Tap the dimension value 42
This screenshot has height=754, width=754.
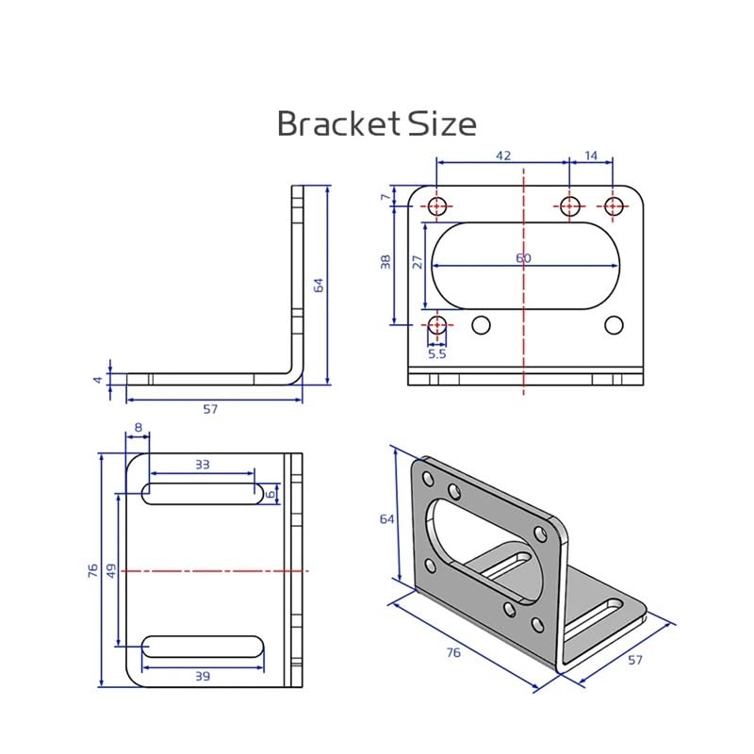(502, 155)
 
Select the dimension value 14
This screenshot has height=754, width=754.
(591, 155)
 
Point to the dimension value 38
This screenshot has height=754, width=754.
(385, 263)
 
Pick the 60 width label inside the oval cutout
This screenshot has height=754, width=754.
(523, 258)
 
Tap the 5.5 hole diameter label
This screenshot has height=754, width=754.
(437, 354)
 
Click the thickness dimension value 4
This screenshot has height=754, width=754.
(97, 379)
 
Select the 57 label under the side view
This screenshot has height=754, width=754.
(211, 410)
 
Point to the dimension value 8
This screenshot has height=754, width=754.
(138, 428)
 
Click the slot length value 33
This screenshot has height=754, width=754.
(202, 464)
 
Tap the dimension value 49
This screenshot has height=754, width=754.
(111, 570)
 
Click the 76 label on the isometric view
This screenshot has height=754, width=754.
(453, 652)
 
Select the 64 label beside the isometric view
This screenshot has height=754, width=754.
(386, 519)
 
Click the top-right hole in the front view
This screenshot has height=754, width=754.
(614, 205)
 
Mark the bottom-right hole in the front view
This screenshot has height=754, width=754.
(614, 325)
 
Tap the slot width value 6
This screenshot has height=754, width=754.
(270, 492)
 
